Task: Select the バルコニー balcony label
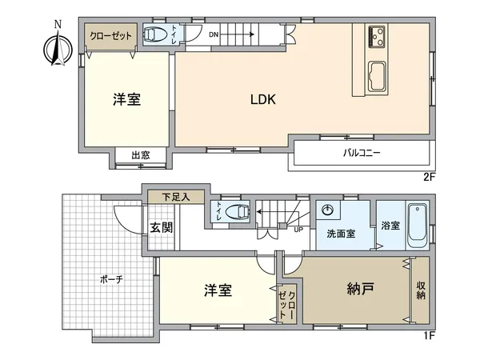(362, 151)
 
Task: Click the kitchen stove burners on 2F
(377, 35)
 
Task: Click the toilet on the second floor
(154, 36)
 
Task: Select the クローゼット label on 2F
(111, 36)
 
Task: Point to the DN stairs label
(214, 34)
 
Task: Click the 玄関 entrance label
(161, 227)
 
